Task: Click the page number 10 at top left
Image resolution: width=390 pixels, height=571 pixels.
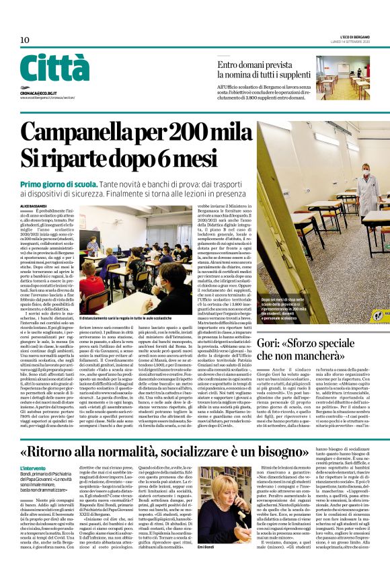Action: pyautogui.click(x=25, y=40)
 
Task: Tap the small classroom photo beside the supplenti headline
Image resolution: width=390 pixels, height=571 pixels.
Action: pyautogui.click(x=342, y=79)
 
